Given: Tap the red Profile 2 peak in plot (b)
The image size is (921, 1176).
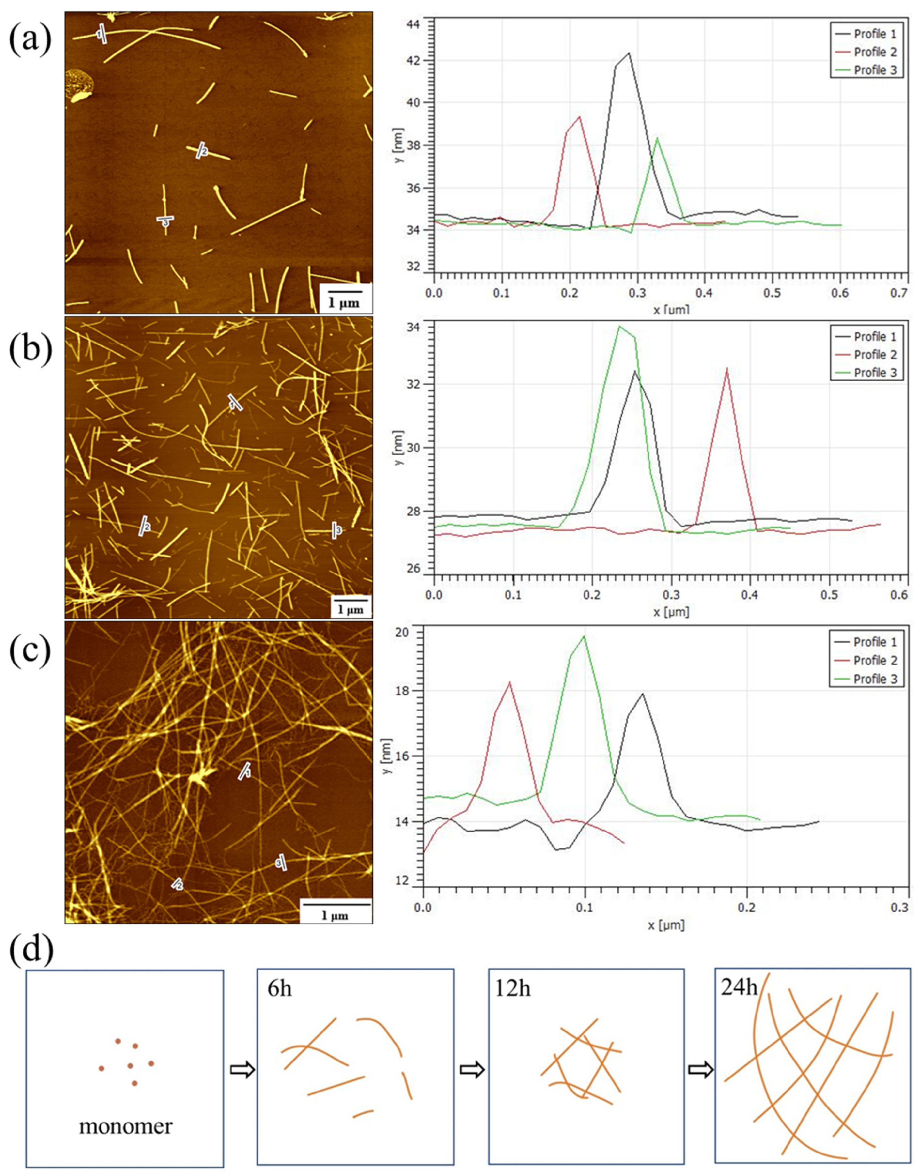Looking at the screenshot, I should tap(727, 368).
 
